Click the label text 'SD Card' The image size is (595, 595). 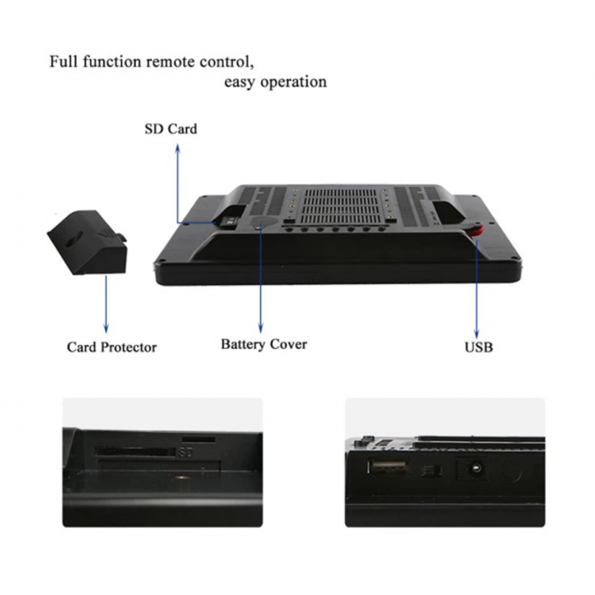(x=170, y=129)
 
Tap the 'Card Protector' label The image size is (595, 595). (x=112, y=347)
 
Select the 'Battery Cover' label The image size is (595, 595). (x=263, y=344)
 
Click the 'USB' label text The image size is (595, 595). (x=478, y=347)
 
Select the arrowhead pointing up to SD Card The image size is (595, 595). (x=178, y=148)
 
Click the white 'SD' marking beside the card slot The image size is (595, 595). (x=185, y=451)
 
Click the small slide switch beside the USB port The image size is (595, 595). (x=428, y=472)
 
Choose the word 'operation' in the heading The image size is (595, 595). (x=295, y=82)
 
